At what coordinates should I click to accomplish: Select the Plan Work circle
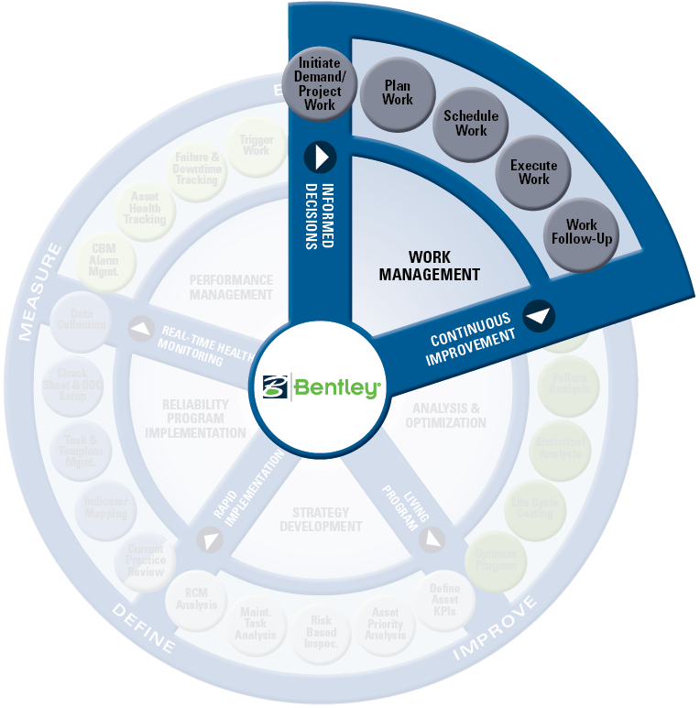[398, 93]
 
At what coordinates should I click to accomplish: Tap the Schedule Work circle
[471, 123]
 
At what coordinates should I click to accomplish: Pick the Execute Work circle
[533, 171]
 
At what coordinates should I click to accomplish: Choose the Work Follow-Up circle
[581, 231]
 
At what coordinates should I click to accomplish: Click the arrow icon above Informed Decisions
[321, 157]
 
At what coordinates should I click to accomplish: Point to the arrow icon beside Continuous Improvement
[540, 316]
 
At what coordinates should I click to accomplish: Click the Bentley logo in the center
[320, 386]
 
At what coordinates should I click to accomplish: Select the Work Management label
[429, 266]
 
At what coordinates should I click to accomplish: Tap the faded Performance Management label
[231, 287]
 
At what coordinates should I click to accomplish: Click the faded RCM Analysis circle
[196, 599]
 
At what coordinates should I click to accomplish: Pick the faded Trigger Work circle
[257, 145]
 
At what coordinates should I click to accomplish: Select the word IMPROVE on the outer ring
[496, 631]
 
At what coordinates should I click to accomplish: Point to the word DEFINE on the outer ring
[142, 627]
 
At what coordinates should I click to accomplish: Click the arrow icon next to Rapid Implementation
[212, 541]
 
